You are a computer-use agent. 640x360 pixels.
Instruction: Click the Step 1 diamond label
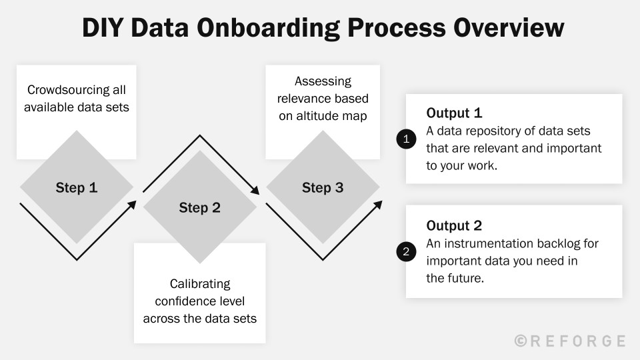(x=77, y=188)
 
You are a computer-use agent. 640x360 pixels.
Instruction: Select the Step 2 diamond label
(x=199, y=208)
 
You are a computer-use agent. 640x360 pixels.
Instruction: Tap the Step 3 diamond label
(x=323, y=188)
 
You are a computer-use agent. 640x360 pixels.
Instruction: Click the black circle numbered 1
(x=405, y=139)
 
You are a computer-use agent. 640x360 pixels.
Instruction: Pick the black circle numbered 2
(x=405, y=252)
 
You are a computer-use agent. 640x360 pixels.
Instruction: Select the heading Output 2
(x=454, y=225)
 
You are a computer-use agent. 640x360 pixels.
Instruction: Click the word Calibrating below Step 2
(x=199, y=284)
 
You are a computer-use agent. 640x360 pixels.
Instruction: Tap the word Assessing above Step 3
(x=323, y=81)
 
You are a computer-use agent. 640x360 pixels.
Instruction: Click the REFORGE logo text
(x=578, y=341)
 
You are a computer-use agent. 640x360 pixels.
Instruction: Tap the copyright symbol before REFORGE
(x=521, y=341)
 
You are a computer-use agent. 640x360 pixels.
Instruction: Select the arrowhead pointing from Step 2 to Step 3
(x=256, y=190)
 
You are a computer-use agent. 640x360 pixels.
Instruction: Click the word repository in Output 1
(x=491, y=131)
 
